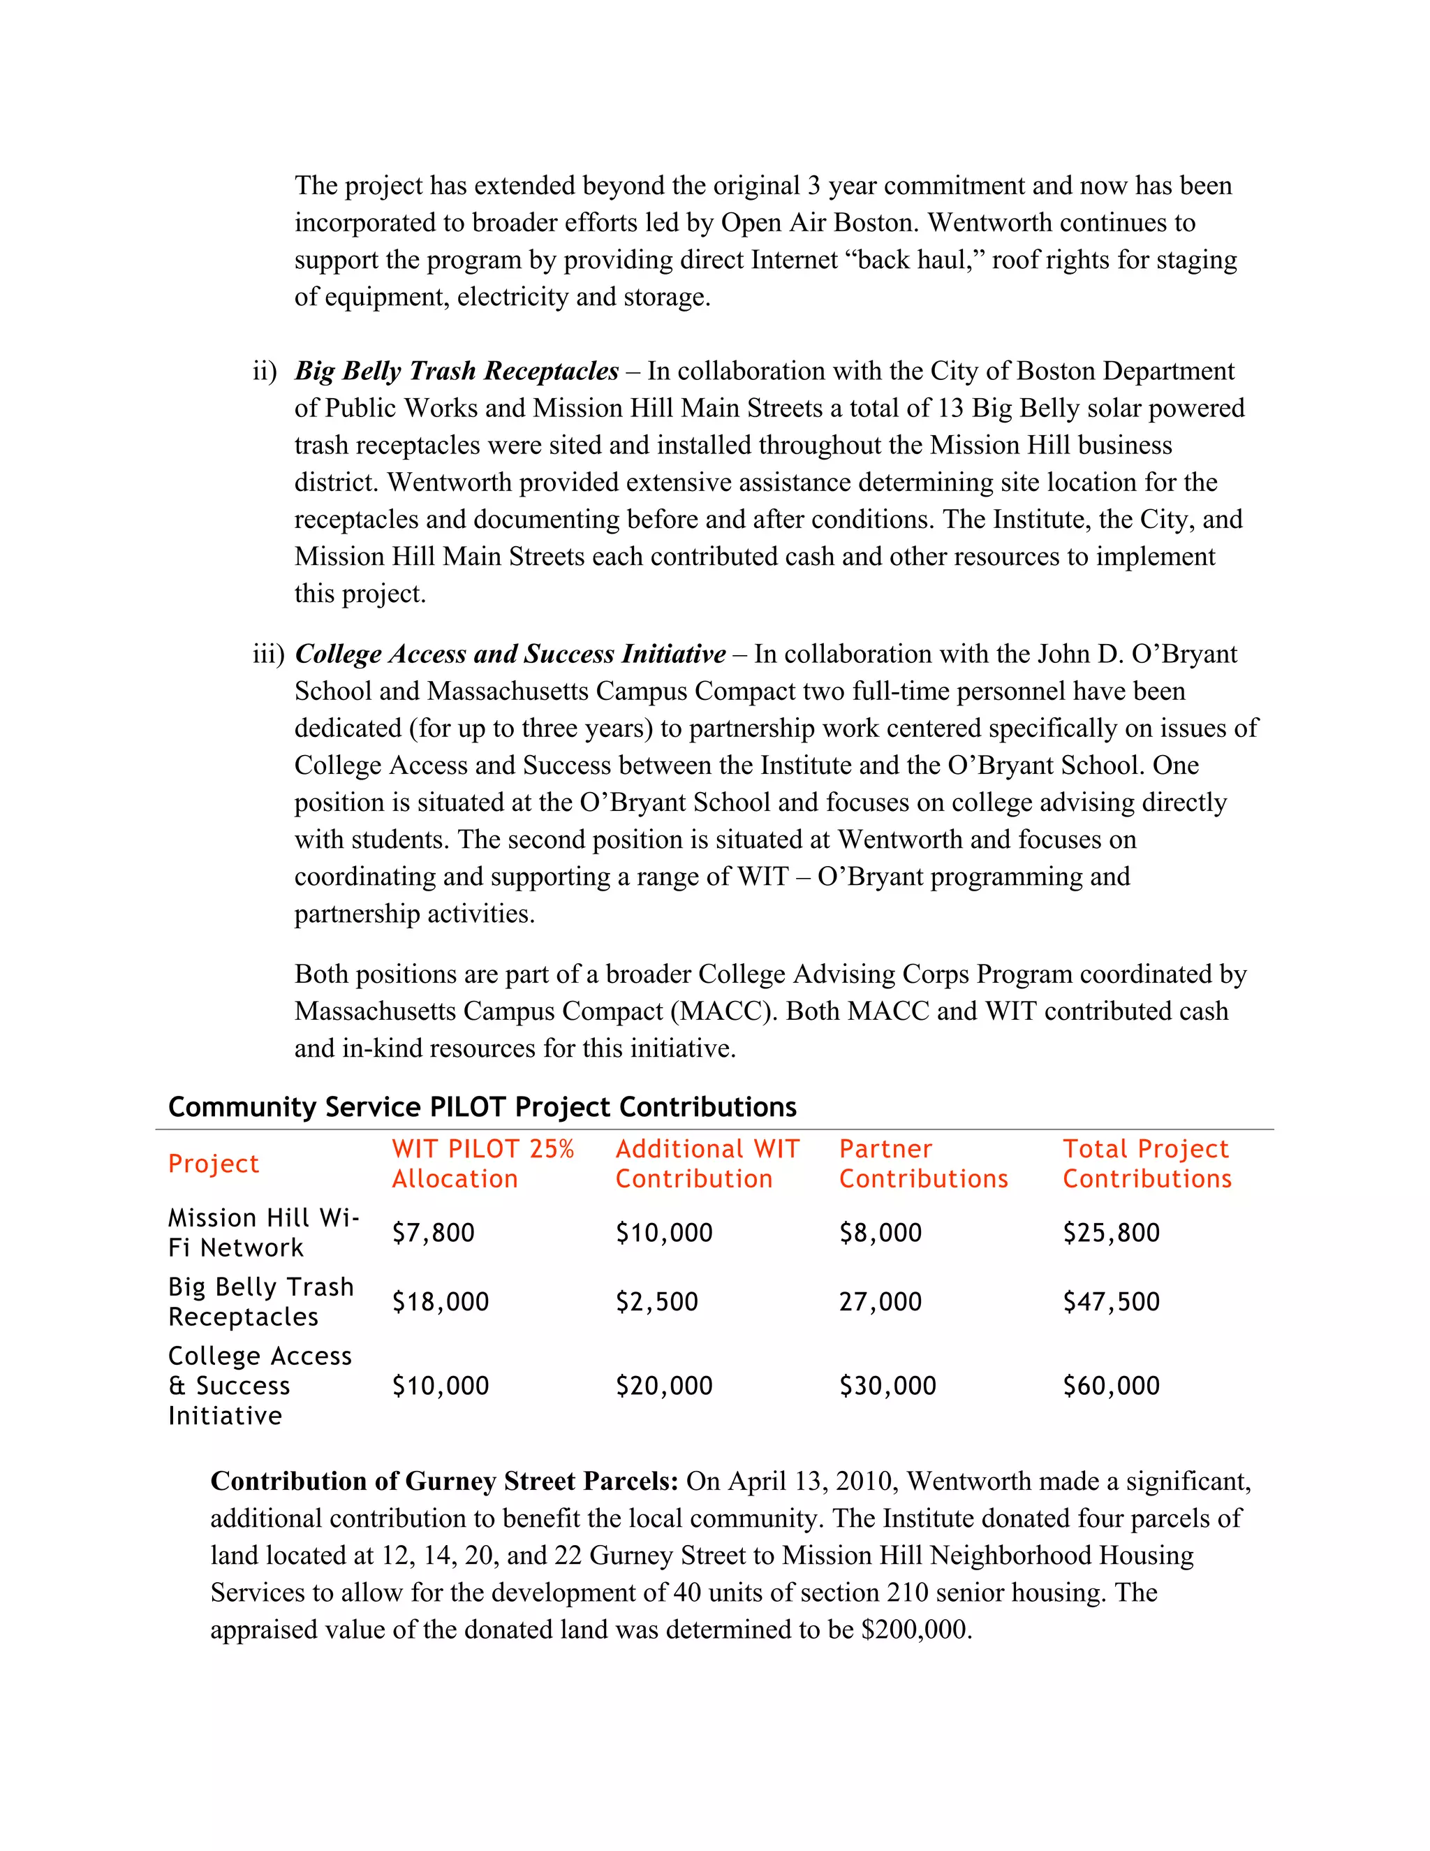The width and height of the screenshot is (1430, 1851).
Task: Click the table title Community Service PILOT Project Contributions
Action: pos(482,1107)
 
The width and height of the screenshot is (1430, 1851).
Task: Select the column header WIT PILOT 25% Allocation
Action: pos(482,1164)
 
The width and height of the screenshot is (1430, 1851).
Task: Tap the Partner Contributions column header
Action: pos(923,1164)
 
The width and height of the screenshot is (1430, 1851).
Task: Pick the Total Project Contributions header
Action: pos(1147,1164)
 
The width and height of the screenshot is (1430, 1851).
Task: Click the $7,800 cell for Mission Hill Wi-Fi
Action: pos(433,1232)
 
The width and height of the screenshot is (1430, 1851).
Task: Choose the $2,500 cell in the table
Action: pos(656,1301)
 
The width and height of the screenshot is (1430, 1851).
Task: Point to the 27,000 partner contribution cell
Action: pos(880,1301)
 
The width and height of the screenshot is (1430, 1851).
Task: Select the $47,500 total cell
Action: pos(1112,1301)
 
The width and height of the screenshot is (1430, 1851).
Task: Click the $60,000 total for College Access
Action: pos(1112,1385)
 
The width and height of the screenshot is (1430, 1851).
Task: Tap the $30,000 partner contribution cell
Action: pos(888,1385)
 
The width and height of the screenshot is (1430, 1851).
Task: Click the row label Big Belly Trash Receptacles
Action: pos(261,1301)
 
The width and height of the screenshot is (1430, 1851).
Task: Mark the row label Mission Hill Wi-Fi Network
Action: pos(263,1232)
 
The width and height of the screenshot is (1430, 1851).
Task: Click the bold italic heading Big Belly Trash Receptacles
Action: pos(457,371)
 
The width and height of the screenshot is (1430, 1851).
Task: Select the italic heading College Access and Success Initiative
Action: pos(510,654)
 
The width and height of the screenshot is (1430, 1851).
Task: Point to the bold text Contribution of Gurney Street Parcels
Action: pos(444,1481)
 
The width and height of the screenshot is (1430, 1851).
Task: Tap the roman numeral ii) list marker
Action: pos(265,371)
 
